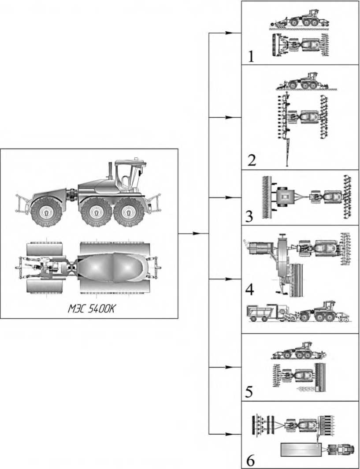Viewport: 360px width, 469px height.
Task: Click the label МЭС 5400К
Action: coord(91,309)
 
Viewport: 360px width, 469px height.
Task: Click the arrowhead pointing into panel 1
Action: coord(229,33)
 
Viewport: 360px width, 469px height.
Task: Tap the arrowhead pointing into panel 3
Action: coord(229,198)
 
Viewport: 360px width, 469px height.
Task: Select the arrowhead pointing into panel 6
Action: coord(229,434)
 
